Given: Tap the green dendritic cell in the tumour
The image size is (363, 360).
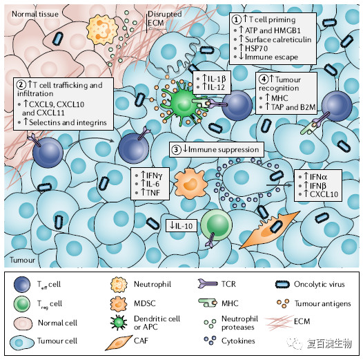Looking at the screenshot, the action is click(183, 102).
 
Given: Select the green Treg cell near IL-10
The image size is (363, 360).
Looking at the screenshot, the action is click(216, 225).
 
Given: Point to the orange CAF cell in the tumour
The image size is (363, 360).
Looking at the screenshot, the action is click(270, 229).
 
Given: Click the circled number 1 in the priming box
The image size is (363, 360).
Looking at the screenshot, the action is click(237, 20).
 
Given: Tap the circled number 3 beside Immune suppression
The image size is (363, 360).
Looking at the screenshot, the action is click(176, 149).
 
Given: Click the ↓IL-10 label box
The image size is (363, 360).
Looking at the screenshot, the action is click(181, 225).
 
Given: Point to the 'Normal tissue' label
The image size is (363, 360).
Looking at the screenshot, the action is click(35, 14).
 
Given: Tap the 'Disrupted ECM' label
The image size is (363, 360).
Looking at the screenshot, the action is click(165, 19).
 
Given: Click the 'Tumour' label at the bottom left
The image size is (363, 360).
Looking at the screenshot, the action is click(23, 260).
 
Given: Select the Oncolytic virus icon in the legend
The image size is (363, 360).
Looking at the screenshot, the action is click(282, 285).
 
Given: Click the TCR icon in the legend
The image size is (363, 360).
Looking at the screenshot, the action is click(208, 284).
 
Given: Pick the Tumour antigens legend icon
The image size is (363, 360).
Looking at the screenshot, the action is click(283, 303).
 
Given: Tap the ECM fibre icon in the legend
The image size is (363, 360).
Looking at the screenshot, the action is click(279, 322).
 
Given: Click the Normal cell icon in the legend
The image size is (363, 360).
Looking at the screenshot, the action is click(23, 323).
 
